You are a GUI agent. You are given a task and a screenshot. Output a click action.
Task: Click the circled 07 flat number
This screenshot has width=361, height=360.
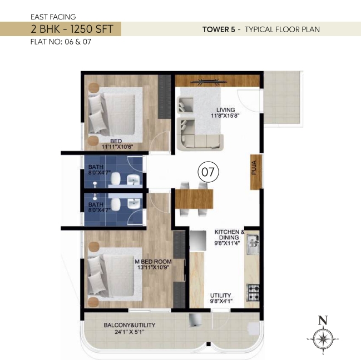(209, 172)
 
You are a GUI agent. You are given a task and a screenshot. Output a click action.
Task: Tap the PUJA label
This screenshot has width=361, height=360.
(254, 168)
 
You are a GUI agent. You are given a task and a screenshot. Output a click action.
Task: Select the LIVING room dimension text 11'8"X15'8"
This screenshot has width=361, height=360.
(225, 116)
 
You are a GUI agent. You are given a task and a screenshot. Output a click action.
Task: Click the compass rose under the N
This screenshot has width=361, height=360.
(323, 339)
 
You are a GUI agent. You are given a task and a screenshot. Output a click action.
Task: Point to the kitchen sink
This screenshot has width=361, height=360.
(253, 244)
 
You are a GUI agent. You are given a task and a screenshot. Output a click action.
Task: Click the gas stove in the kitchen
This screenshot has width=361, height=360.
(253, 293)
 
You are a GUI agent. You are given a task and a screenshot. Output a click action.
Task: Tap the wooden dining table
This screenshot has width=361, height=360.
(194, 199)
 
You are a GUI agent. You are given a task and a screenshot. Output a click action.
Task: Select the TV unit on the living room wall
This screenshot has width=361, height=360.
(209, 82)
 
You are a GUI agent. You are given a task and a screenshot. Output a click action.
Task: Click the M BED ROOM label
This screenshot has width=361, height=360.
(153, 262)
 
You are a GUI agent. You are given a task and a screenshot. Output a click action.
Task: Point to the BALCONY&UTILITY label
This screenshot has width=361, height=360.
(130, 325)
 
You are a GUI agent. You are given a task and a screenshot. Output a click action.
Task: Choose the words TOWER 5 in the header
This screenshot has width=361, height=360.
(219, 29)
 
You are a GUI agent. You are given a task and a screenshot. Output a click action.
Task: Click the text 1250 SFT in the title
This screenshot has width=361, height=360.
(92, 29)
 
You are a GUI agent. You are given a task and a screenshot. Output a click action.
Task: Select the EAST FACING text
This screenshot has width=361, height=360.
(53, 17)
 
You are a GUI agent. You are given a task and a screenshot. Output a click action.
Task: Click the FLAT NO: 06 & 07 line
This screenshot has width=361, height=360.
(61, 42)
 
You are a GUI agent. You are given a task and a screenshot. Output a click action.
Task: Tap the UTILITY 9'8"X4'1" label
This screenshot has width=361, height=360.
(221, 298)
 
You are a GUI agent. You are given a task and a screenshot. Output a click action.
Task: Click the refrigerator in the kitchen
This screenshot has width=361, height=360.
(198, 240)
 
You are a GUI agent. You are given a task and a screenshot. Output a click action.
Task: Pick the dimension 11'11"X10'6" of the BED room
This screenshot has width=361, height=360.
(118, 147)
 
